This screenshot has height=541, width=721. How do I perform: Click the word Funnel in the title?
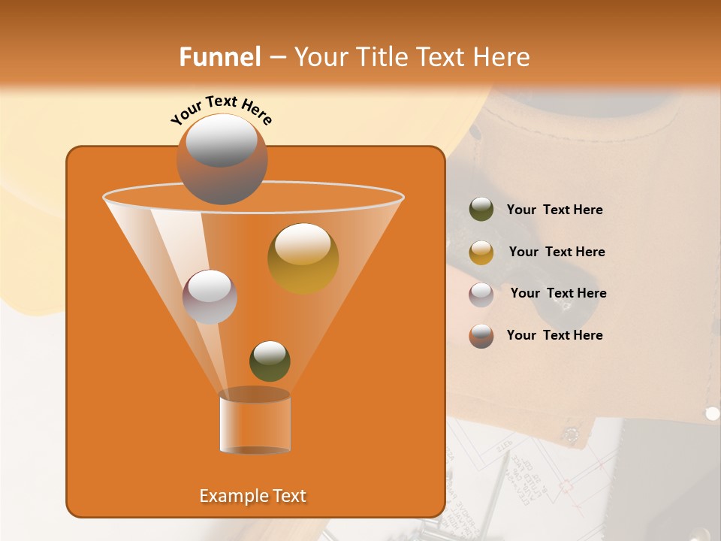click(x=219, y=57)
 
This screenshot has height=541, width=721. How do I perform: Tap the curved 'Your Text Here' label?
click(x=222, y=110)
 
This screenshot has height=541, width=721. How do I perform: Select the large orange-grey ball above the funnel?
click(x=222, y=159)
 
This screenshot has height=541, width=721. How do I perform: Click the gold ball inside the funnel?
click(x=303, y=258)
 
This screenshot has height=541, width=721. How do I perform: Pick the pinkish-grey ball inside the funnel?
click(x=210, y=296)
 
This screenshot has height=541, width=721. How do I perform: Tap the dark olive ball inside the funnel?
click(x=270, y=361)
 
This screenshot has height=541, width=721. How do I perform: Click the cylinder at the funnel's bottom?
click(x=255, y=421)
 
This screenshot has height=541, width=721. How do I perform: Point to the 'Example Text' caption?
click(x=252, y=496)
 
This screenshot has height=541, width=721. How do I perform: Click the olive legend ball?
click(x=481, y=210)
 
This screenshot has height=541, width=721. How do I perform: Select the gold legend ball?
click(x=481, y=252)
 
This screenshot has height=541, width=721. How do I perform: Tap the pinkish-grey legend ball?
click(x=481, y=294)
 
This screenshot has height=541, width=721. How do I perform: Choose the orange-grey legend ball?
click(x=481, y=336)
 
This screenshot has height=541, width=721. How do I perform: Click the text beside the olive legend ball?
click(x=554, y=210)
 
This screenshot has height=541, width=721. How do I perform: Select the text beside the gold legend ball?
click(x=557, y=252)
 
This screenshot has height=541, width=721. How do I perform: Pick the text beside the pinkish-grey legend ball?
click(x=558, y=294)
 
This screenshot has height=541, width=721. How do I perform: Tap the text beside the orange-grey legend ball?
click(x=554, y=336)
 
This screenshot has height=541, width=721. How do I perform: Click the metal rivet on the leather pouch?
click(x=712, y=413)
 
